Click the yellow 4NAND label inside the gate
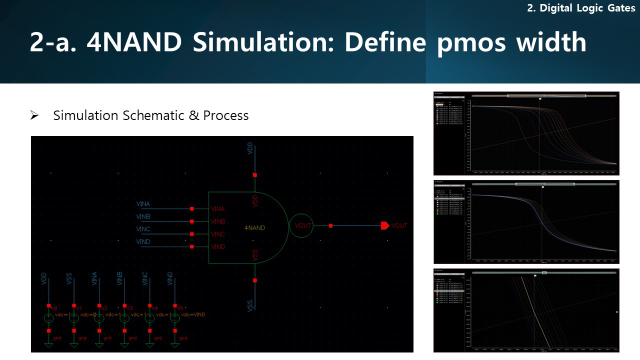click(254, 228)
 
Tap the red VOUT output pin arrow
click(384, 225)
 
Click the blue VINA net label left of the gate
click(143, 204)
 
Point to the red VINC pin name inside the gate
click(218, 234)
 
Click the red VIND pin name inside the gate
click(218, 247)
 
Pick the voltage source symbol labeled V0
click(49, 318)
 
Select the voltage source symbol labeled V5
click(174, 318)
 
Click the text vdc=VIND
click(193, 314)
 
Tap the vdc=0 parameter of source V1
click(87, 314)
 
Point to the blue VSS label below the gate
click(250, 305)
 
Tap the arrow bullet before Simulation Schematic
click(34, 115)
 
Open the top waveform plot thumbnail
click(526, 133)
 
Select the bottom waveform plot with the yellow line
click(526, 310)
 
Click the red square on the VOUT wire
click(330, 225)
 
